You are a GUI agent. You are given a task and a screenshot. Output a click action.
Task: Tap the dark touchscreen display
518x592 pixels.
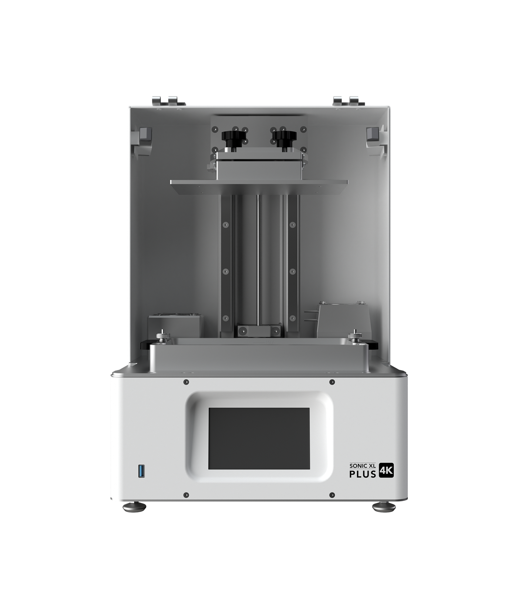point(259,438)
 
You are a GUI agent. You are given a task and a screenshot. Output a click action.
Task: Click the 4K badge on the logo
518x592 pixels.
point(386,471)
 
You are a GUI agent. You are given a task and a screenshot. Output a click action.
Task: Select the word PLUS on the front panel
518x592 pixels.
point(363,474)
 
